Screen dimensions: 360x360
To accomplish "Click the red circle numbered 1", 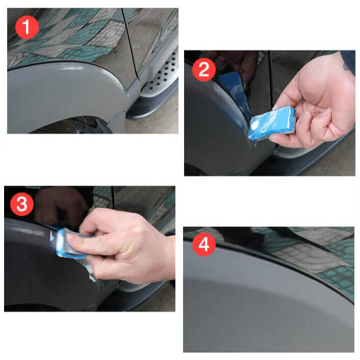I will coord(27,27).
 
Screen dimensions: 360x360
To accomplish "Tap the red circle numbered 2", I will coord(204,70).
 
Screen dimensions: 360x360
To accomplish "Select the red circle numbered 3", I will coord(22,204).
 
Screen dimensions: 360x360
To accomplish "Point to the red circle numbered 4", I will coord(203,245).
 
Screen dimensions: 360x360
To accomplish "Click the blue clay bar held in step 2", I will coord(271,123).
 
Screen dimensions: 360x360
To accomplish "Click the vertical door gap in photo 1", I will coord(131,46).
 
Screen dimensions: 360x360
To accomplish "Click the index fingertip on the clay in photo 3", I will coord(85,229).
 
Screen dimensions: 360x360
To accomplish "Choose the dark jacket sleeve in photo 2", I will coord(349,61).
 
